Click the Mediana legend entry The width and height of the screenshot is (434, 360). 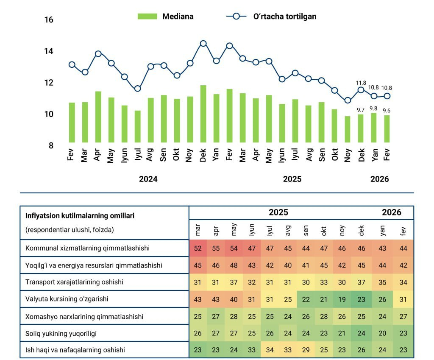coord(166,17)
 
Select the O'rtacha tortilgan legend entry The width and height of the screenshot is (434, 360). coord(271,17)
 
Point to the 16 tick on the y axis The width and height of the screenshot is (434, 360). coord(49,20)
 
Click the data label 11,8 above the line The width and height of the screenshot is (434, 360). coord(361,83)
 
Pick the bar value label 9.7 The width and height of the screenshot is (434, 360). coord(361,110)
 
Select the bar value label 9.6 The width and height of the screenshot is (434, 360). coord(387,110)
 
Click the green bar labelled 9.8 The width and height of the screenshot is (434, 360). coord(374,127)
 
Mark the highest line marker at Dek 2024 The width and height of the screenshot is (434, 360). coord(203,43)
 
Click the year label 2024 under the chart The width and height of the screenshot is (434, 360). coord(148,179)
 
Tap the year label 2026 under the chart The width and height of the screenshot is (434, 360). coord(379,179)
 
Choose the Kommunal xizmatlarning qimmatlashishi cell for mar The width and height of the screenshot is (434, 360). coord(198,248)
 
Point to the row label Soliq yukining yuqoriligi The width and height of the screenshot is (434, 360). coord(61,333)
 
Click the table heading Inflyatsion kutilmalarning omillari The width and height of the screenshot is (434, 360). coord(80,215)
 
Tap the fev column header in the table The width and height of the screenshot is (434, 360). coord(403,232)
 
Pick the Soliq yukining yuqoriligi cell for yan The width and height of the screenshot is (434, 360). coord(383,333)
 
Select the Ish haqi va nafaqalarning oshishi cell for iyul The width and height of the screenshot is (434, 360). coord(270,350)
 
